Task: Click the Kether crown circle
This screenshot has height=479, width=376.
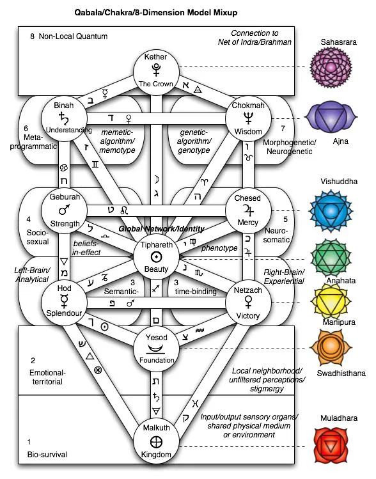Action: (x=156, y=73)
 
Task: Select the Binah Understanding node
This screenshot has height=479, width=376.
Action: (x=64, y=118)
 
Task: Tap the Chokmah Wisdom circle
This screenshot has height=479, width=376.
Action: (x=248, y=118)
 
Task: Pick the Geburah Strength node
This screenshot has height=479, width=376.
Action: (x=64, y=211)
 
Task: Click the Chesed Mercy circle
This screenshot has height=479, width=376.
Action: (x=248, y=211)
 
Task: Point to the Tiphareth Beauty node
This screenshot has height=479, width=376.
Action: (x=156, y=257)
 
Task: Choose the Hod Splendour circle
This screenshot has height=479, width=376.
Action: (x=64, y=302)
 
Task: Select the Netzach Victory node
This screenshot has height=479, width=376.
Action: (x=248, y=302)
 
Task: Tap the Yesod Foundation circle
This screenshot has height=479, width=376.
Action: (x=156, y=349)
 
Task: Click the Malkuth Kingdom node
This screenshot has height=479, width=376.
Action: (x=156, y=441)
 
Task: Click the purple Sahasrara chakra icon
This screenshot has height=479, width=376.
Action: (x=331, y=67)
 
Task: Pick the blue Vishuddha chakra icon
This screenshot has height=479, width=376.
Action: (x=331, y=211)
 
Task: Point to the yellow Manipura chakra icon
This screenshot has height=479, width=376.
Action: (x=331, y=302)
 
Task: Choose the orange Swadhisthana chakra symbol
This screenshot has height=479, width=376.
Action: (x=331, y=348)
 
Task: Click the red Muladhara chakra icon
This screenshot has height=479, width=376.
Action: (x=331, y=446)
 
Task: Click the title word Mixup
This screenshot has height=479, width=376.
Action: (x=226, y=13)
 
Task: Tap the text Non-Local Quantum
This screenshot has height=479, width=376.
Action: (x=73, y=36)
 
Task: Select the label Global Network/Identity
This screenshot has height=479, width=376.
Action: (x=162, y=229)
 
